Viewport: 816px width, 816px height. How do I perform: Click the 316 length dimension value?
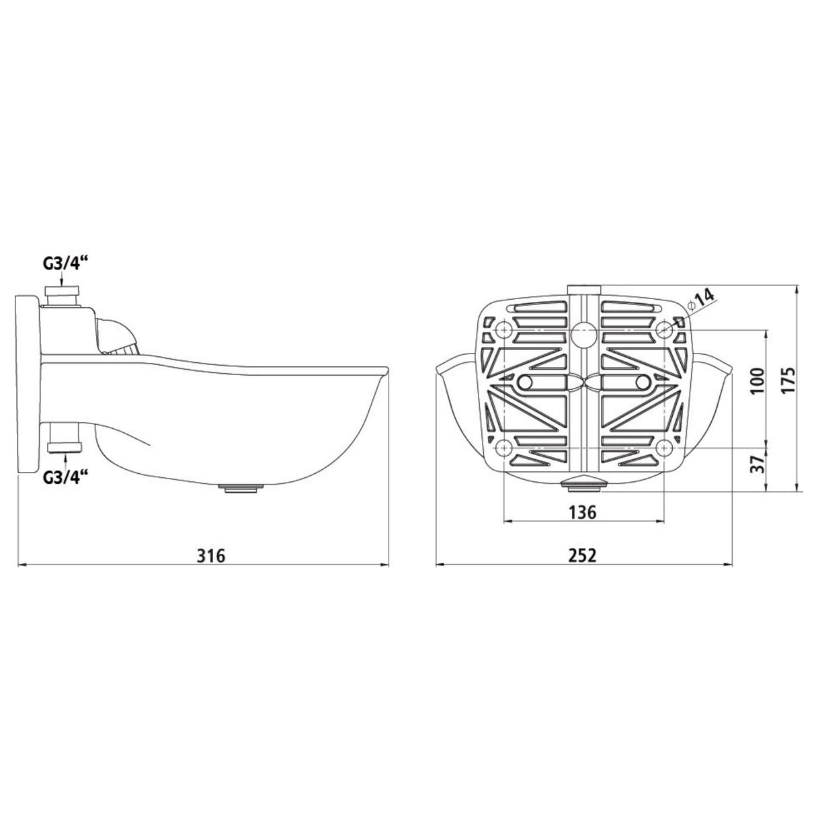[x=211, y=555]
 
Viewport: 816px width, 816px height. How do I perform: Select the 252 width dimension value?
[x=582, y=555]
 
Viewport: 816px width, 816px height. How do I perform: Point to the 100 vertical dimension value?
[x=758, y=380]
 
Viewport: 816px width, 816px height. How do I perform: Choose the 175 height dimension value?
[x=788, y=380]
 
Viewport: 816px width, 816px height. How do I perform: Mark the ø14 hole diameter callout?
[x=700, y=300]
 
